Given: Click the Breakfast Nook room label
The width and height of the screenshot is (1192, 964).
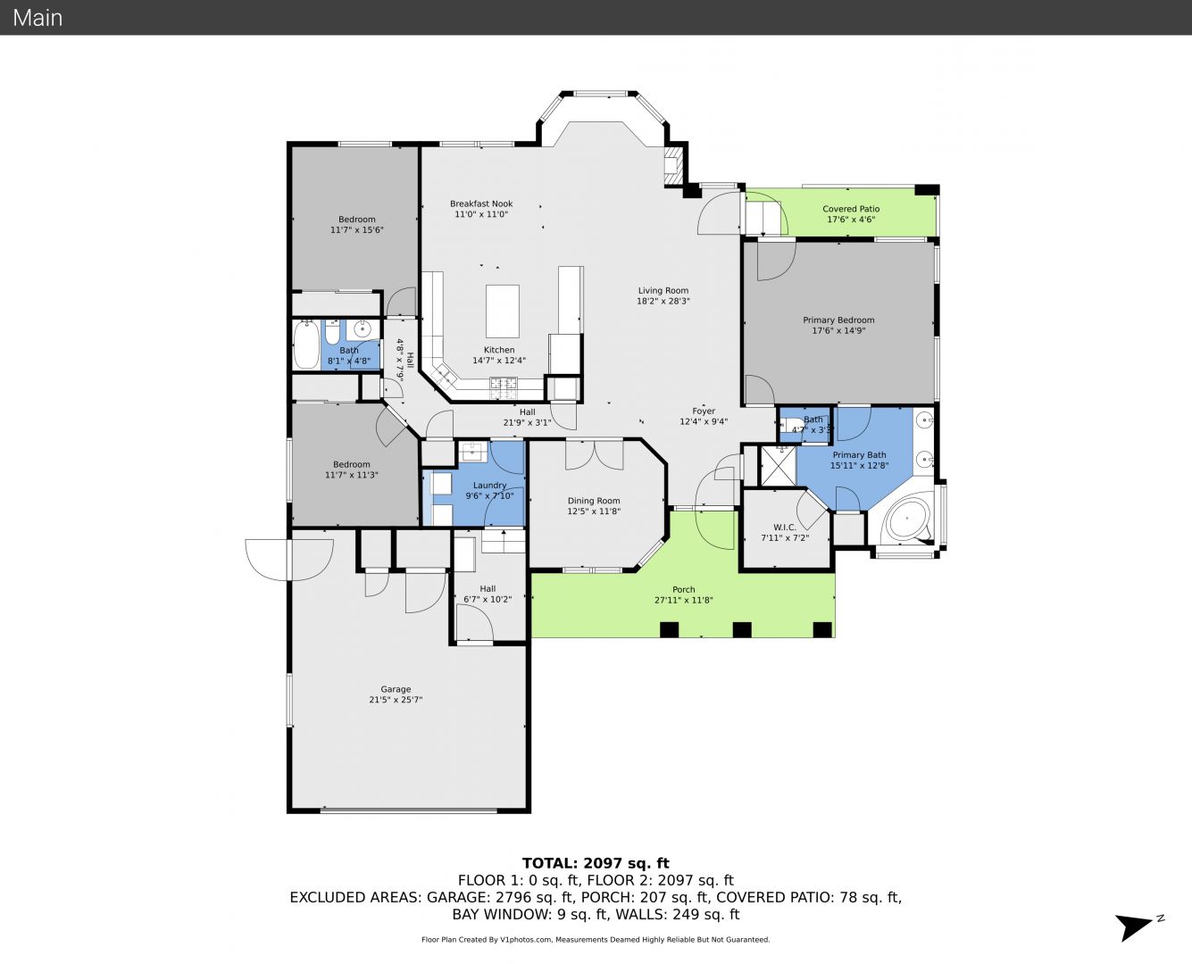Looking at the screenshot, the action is coord(481,204).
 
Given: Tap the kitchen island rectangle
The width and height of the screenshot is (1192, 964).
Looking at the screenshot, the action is coord(502,312).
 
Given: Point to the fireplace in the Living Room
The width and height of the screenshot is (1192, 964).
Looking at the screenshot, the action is coord(673,166).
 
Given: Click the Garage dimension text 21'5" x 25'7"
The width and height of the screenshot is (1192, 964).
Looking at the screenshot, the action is coord(396,700).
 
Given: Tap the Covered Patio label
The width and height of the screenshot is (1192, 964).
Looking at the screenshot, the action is coord(851,209).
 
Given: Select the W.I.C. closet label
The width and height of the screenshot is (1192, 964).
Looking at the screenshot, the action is coord(785,527).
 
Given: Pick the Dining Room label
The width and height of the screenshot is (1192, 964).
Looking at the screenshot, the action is coord(594,501).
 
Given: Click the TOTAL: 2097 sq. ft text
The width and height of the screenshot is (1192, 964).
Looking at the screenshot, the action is coord(596,863).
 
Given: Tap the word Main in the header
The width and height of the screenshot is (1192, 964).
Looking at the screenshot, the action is coord(38,18).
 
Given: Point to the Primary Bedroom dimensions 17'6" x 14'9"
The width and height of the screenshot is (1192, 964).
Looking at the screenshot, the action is coord(838,330).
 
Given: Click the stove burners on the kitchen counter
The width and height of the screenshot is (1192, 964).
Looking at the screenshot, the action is coord(503,383).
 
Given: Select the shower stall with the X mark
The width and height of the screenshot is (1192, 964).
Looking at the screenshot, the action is coord(777,466).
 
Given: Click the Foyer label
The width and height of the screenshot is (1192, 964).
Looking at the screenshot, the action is coord(704,411).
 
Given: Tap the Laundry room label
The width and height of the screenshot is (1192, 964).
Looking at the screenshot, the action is coord(489,486).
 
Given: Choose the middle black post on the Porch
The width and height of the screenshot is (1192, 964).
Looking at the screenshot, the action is coord(742,629).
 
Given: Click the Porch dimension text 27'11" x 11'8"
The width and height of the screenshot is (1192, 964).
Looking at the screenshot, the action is coord(683,601).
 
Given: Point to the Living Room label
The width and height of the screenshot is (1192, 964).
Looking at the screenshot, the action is coord(663,290).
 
